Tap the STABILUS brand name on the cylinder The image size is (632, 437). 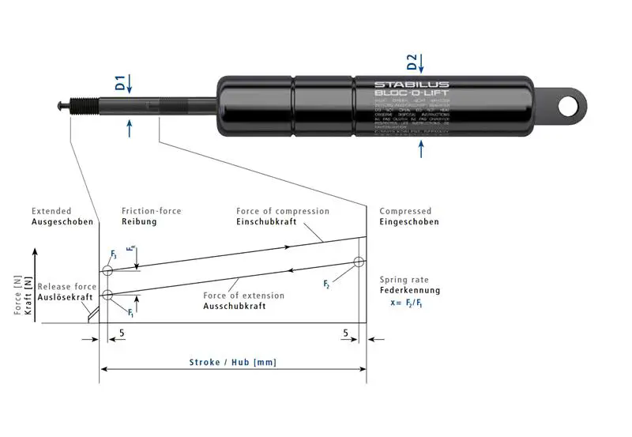pyautogui.click(x=411, y=85)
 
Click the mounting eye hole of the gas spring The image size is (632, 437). pyautogui.click(x=569, y=106)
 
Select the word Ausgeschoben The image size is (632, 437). pyautogui.click(x=62, y=222)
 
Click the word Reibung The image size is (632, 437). pyautogui.click(x=139, y=222)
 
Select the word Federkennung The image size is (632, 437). pyautogui.click(x=409, y=290)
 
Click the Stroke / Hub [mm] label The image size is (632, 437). pyautogui.click(x=232, y=362)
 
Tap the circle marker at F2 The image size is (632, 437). pyautogui.click(x=359, y=262)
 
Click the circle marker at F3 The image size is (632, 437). pyautogui.click(x=107, y=270)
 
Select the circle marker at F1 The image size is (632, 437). pyautogui.click(x=107, y=295)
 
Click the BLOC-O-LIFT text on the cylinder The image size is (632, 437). pyautogui.click(x=411, y=94)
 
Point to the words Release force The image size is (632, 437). pyautogui.click(x=67, y=286)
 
